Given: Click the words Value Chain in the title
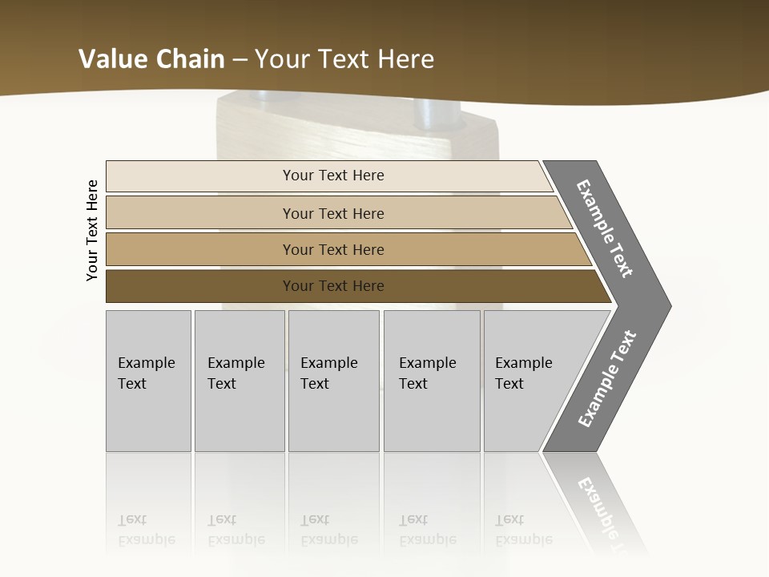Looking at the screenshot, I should pyautogui.click(x=151, y=59).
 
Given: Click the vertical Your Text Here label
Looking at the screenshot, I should pyautogui.click(x=92, y=230).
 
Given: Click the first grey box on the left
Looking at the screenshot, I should pyautogui.click(x=148, y=380).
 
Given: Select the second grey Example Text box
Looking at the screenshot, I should pyautogui.click(x=239, y=380).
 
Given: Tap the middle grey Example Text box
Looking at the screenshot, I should pyautogui.click(x=333, y=380).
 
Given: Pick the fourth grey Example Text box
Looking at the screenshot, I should pyautogui.click(x=431, y=380).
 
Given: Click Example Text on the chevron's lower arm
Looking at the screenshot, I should pyautogui.click(x=607, y=378).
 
